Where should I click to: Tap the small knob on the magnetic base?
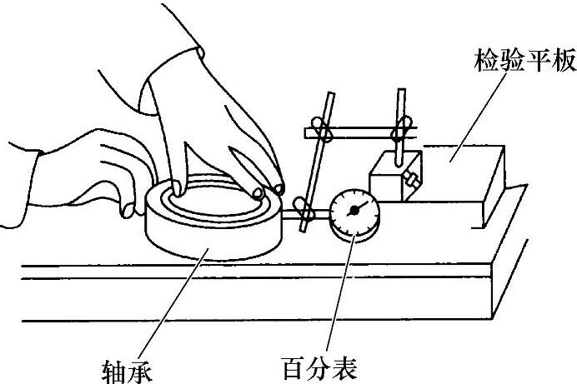(x=412, y=178)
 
